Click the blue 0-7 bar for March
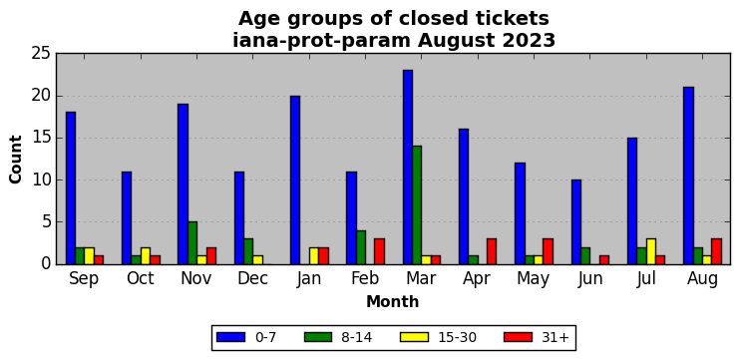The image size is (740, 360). click(x=408, y=167)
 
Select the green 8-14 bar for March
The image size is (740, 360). click(x=417, y=205)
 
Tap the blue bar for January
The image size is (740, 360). click(x=295, y=180)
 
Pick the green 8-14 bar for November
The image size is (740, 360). click(x=192, y=243)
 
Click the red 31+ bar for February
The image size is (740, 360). click(x=380, y=251)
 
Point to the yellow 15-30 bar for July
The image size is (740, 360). click(x=651, y=251)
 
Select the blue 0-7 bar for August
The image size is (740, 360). click(x=688, y=176)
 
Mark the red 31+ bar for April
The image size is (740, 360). click(x=492, y=251)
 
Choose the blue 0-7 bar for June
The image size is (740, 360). click(x=576, y=221)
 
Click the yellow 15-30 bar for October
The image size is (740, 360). click(x=146, y=255)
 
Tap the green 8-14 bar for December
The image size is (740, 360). click(x=248, y=251)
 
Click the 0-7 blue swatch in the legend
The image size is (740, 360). click(x=230, y=337)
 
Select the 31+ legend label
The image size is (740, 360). click(x=555, y=337)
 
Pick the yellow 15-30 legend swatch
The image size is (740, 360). click(x=414, y=337)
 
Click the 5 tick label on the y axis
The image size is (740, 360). click(x=46, y=222)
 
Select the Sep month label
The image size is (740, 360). click(x=84, y=279)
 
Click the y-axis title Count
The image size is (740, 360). click(x=16, y=159)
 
